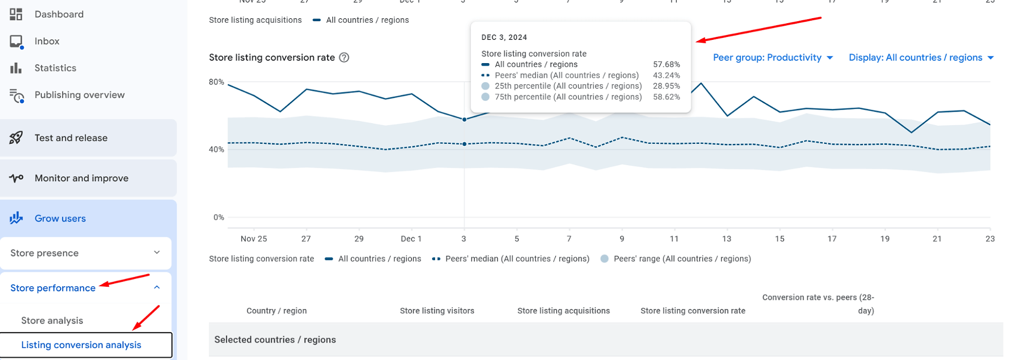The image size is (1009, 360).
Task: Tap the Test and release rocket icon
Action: tap(16, 138)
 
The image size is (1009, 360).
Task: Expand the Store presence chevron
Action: tap(157, 252)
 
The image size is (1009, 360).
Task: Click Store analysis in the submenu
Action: tap(52, 321)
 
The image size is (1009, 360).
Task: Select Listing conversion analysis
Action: tap(81, 345)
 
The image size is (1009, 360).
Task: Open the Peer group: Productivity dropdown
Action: tap(773, 58)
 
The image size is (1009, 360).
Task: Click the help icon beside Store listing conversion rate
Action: tap(344, 58)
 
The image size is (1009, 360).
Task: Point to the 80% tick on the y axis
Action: tap(217, 82)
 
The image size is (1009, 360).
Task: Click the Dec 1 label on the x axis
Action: tap(411, 239)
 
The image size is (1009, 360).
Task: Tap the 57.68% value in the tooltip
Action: tap(666, 65)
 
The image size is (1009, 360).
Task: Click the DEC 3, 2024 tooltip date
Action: tap(504, 37)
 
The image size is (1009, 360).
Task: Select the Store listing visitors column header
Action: tap(437, 311)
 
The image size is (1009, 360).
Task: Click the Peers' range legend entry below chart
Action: tap(676, 259)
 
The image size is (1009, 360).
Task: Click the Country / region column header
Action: tap(277, 311)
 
